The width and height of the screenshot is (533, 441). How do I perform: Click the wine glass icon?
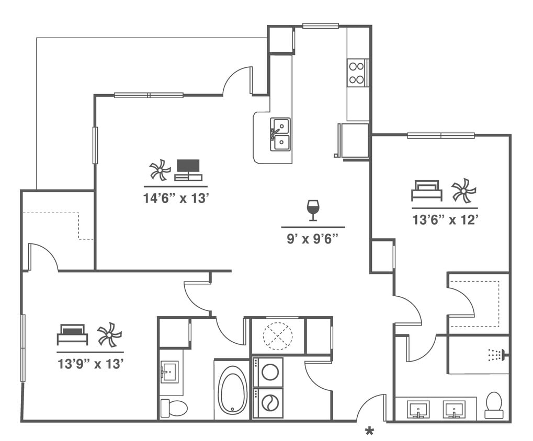point(313,210)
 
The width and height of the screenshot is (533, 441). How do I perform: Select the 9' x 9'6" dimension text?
point(313,240)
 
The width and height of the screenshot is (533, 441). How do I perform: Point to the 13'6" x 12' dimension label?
point(445,220)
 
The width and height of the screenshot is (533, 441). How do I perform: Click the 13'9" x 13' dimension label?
point(90,364)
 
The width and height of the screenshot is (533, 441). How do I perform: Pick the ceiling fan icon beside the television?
point(160,170)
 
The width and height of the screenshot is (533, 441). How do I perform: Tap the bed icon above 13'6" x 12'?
point(426,191)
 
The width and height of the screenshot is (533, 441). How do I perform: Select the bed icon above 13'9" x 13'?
point(72,334)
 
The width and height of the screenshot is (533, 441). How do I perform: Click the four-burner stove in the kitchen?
point(357,73)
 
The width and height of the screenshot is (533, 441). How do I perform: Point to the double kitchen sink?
point(280,134)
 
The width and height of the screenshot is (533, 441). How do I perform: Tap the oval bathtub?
point(232,390)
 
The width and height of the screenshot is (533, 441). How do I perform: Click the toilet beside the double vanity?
point(494,405)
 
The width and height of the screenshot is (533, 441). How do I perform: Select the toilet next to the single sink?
point(174,408)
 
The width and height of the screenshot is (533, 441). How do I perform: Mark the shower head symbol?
point(496,355)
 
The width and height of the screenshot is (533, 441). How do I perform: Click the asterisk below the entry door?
point(369,432)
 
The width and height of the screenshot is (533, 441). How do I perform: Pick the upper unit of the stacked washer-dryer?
point(268,372)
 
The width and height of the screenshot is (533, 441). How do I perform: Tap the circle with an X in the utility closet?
point(277,335)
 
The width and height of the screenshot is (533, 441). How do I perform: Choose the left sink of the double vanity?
point(418,409)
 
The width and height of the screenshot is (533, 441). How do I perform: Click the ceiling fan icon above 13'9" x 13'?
point(109,334)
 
